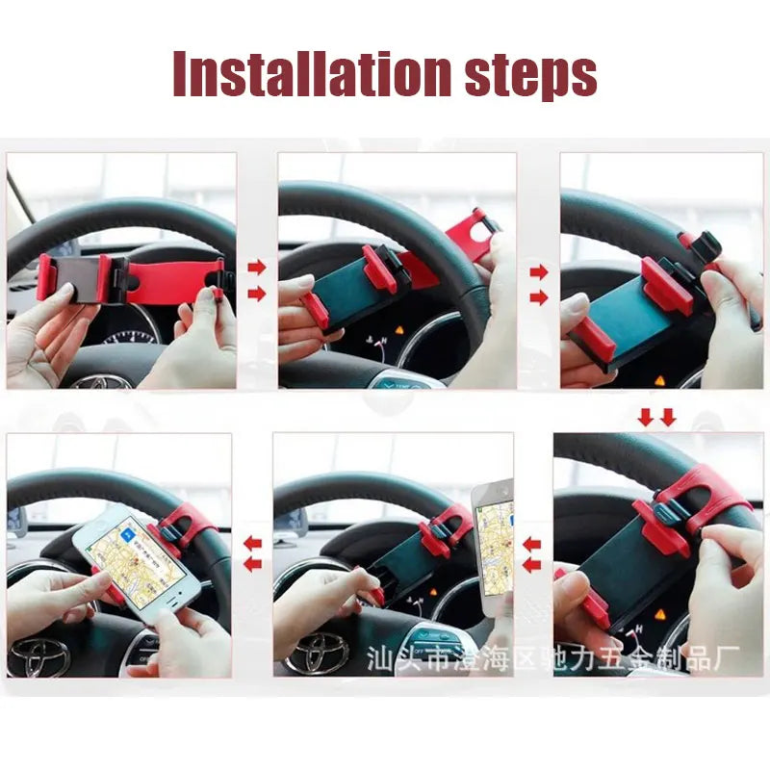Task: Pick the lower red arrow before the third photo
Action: point(538,296)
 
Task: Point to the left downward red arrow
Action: point(645,416)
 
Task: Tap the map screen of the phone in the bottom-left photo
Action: point(139,563)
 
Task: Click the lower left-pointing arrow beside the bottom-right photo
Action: point(531,566)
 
